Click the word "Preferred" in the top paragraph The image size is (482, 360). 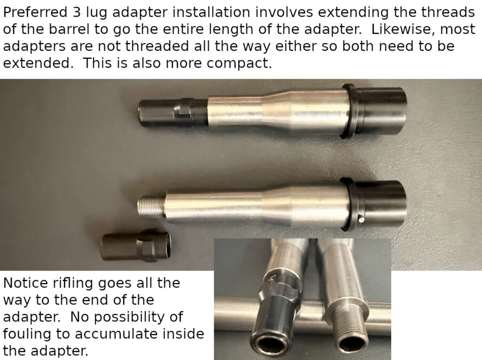35,13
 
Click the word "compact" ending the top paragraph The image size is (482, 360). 239,64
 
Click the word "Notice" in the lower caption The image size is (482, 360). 25,283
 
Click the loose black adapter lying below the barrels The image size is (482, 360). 136,247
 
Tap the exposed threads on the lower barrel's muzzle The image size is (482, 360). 151,207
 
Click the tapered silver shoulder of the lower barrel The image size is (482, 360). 277,205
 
